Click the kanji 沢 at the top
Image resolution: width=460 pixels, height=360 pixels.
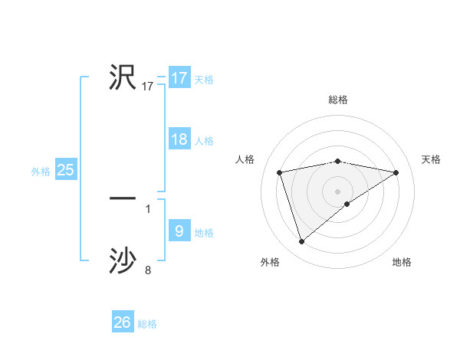[123, 77]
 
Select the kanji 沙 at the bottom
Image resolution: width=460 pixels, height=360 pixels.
[123, 260]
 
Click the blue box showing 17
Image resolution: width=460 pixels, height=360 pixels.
[179, 78]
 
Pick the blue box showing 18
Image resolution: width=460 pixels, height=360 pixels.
[179, 139]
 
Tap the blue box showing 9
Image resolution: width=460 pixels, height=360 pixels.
[179, 231]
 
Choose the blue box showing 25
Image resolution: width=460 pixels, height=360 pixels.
[66, 170]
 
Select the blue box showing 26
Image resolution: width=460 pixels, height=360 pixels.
[123, 322]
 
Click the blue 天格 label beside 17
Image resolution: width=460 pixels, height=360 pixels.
[204, 80]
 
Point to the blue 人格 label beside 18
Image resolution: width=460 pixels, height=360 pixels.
[204, 141]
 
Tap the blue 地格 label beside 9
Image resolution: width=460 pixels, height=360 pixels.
[204, 233]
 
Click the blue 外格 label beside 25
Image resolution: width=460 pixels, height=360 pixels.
[41, 172]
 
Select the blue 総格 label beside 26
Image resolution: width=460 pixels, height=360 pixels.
[147, 324]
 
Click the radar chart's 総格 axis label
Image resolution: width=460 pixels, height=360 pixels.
[338, 100]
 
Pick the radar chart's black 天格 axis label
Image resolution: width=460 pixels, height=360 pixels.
[431, 159]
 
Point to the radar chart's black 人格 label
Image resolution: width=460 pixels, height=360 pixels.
[245, 159]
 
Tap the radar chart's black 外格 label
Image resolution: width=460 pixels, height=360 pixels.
[270, 262]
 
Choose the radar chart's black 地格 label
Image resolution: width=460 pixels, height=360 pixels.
[402, 262]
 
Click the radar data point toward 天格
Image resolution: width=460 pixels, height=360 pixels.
[396, 172]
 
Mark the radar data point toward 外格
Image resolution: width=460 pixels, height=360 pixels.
[301, 241]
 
